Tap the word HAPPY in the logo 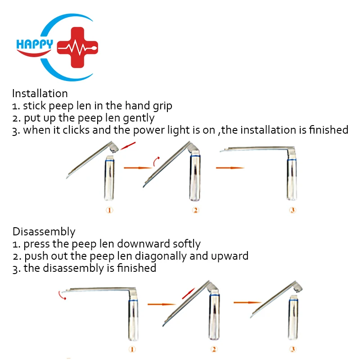pyautogui.click(x=34, y=44)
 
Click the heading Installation pyautogui.click(x=40, y=94)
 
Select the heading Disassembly pyautogui.click(x=44, y=232)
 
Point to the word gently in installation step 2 pyautogui.click(x=139, y=118)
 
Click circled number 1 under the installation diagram pyautogui.click(x=109, y=210)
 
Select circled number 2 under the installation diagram pyautogui.click(x=196, y=210)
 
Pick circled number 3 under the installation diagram pyautogui.click(x=292, y=210)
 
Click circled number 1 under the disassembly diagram pyautogui.click(x=131, y=349)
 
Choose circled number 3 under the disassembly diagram pyautogui.click(x=293, y=349)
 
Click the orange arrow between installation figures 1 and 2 pyautogui.click(x=138, y=167)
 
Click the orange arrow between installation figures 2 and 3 pyautogui.click(x=229, y=168)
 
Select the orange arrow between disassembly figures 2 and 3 pyautogui.click(x=247, y=302)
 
